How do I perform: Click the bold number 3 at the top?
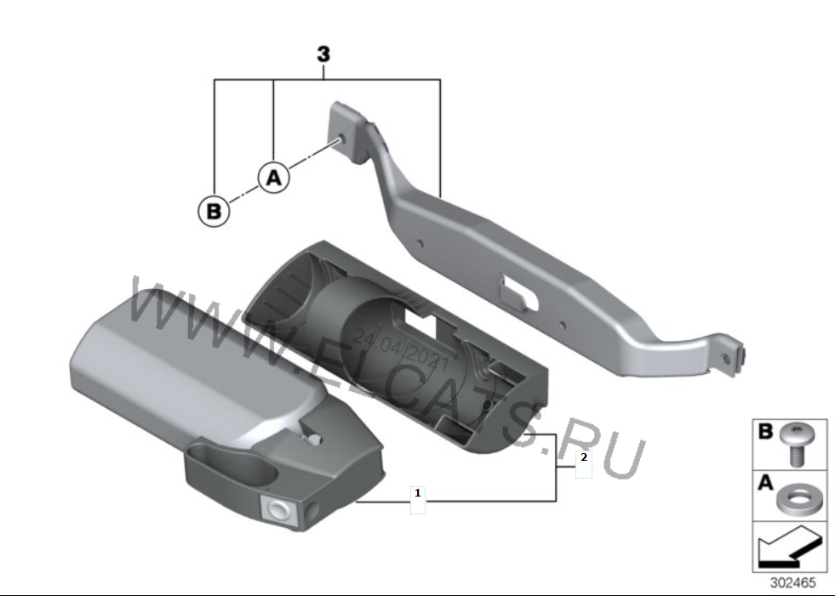pyautogui.click(x=323, y=54)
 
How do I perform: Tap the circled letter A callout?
pyautogui.click(x=274, y=177)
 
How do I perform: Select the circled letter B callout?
pyautogui.click(x=214, y=211)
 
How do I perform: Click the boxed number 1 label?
pyautogui.click(x=417, y=493)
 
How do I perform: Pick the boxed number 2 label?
pyautogui.click(x=584, y=457)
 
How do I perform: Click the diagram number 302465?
pyautogui.click(x=792, y=582)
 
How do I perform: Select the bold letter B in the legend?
pyautogui.click(x=764, y=432)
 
